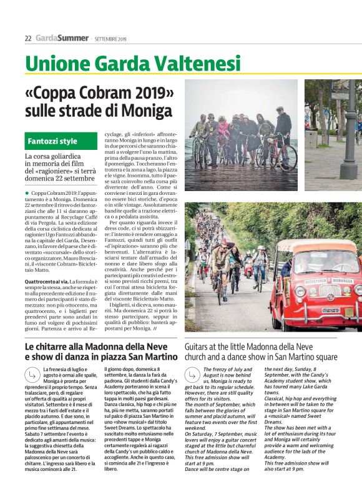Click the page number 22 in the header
[x=27, y=38]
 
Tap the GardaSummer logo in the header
[x=61, y=38]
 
